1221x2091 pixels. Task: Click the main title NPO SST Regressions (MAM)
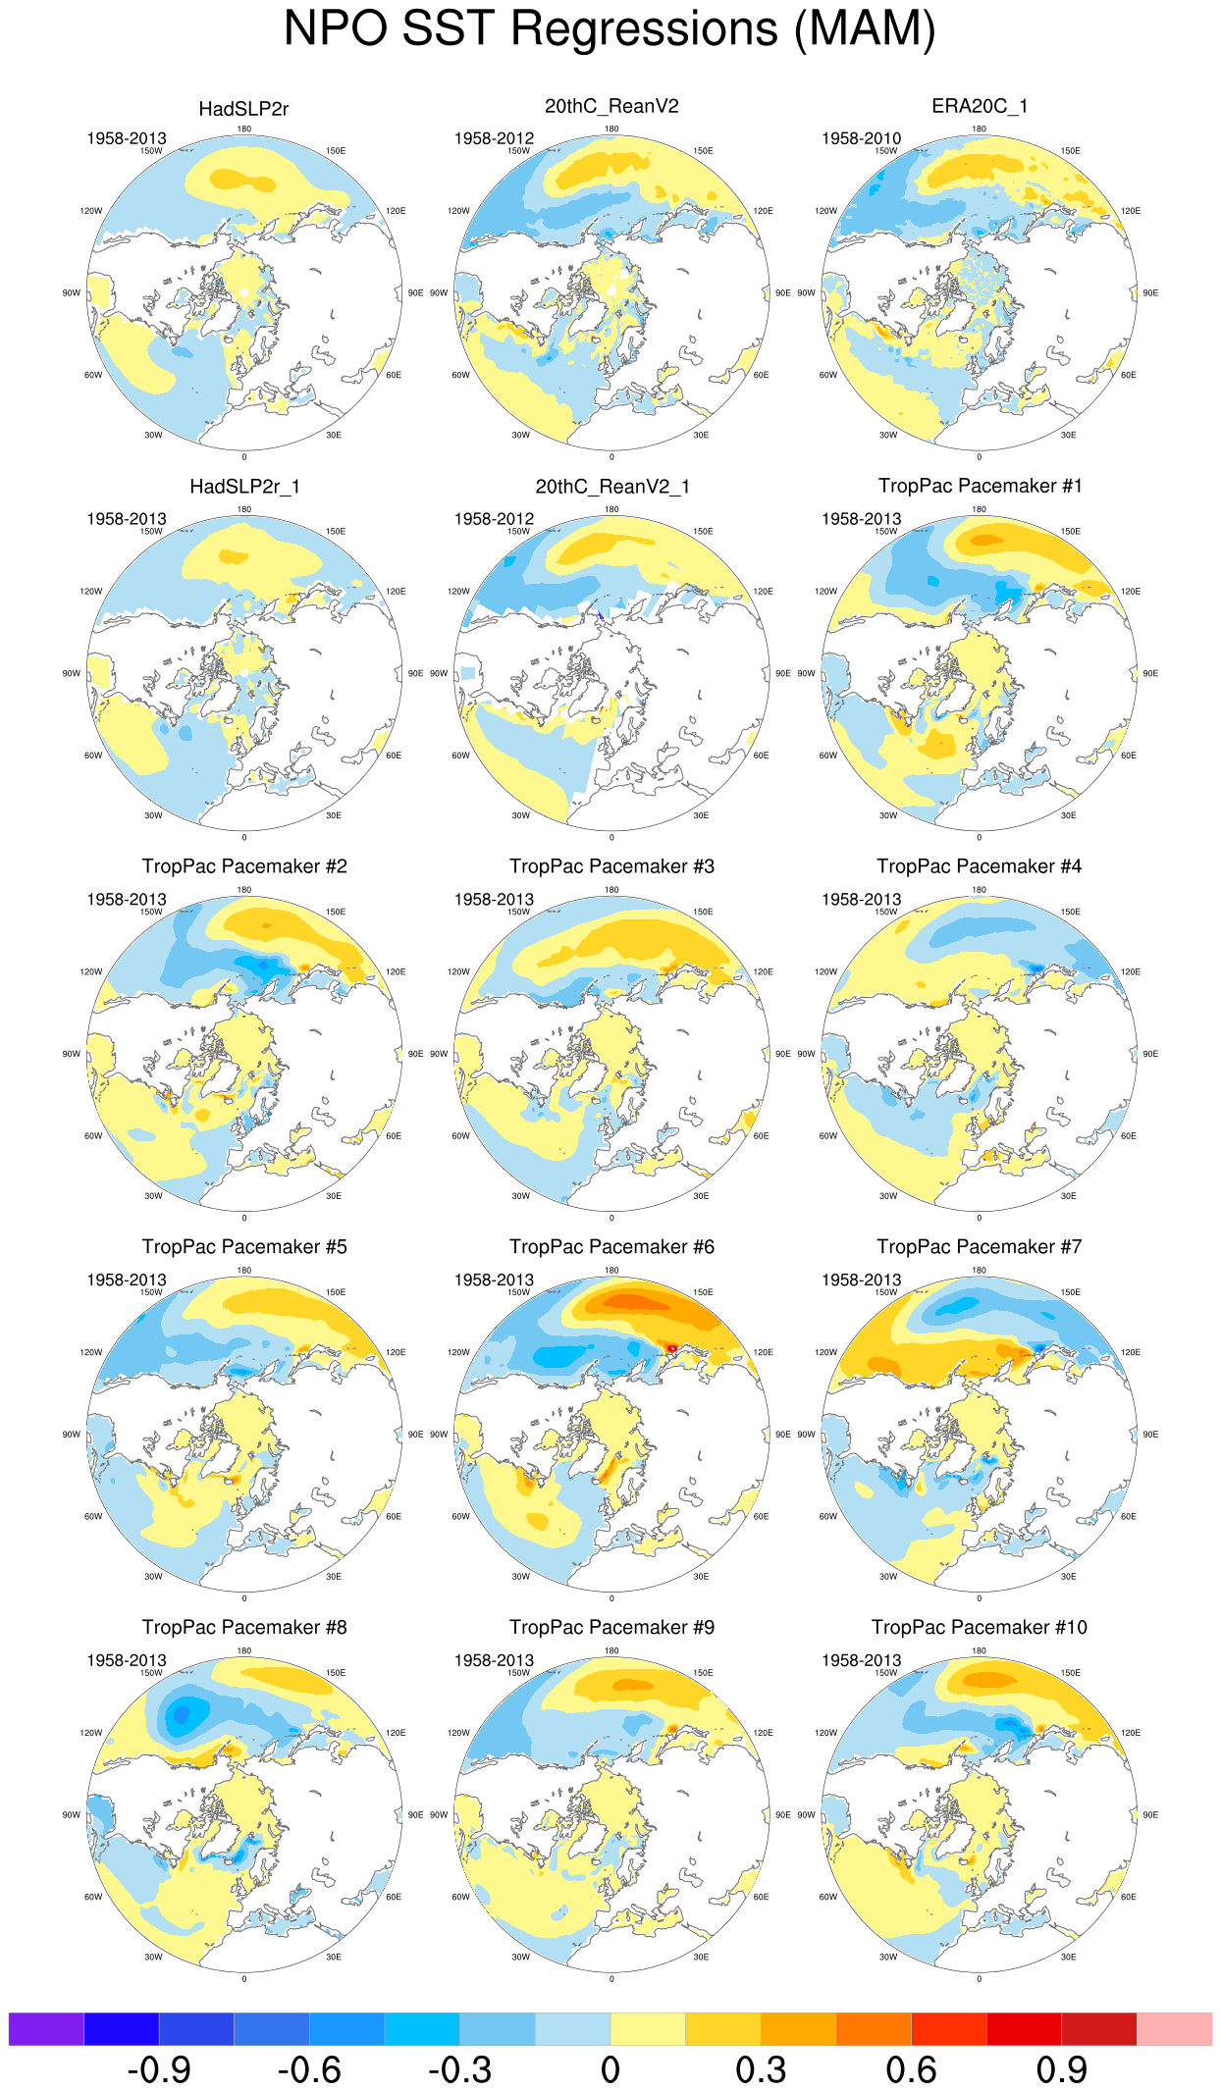pyautogui.click(x=610, y=29)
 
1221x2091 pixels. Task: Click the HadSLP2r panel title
pyautogui.click(x=243, y=109)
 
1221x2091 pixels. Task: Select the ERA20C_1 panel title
pyautogui.click(x=980, y=106)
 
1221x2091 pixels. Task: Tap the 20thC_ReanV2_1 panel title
pyautogui.click(x=612, y=487)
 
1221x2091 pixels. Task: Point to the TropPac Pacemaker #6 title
pyautogui.click(x=611, y=1247)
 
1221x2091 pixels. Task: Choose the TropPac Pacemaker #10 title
pyautogui.click(x=980, y=1628)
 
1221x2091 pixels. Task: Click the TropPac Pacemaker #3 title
pyautogui.click(x=611, y=866)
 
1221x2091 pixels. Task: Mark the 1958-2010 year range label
pyautogui.click(x=861, y=138)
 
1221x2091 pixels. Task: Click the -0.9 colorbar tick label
pyautogui.click(x=159, y=2070)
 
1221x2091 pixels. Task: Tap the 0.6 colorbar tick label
pyautogui.click(x=911, y=2070)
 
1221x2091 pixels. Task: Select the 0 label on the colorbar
pyautogui.click(x=610, y=2070)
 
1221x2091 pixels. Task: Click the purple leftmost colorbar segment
pyautogui.click(x=46, y=2028)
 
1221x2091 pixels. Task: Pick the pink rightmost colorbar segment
pyautogui.click(x=1174, y=2028)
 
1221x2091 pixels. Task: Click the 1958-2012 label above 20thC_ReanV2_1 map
pyautogui.click(x=494, y=519)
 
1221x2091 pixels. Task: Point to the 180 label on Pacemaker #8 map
pyautogui.click(x=244, y=1650)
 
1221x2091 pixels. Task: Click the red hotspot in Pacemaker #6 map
pyautogui.click(x=672, y=1349)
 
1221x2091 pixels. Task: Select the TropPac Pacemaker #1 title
pyautogui.click(x=980, y=487)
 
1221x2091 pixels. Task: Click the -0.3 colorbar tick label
pyautogui.click(x=459, y=2070)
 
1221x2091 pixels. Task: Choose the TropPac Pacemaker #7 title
pyautogui.click(x=980, y=1247)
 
